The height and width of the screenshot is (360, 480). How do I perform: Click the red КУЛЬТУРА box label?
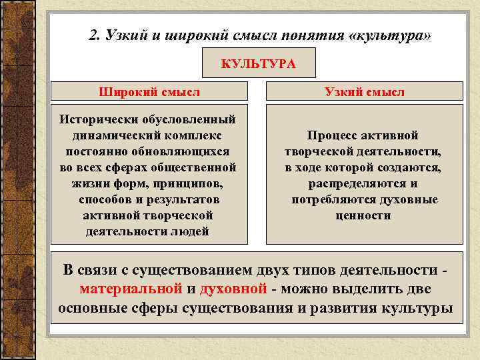point(258,64)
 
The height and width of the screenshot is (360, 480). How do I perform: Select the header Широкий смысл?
point(149,91)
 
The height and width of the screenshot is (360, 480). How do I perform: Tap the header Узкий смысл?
point(365,91)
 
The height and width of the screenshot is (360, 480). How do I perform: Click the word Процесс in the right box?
point(332,135)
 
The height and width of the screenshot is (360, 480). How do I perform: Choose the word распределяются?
point(353,183)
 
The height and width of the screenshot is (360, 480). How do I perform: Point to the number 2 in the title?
point(93,35)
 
